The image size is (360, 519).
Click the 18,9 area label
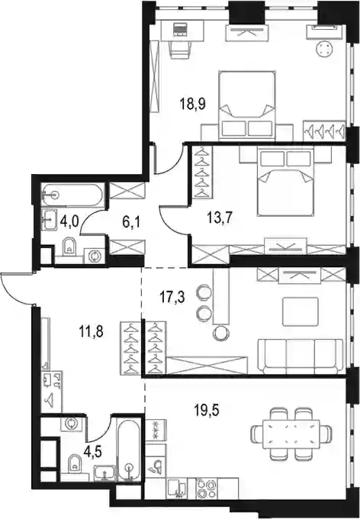tap(193, 104)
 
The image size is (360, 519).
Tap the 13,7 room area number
tap(220, 218)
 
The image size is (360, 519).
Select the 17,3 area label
tap(172, 297)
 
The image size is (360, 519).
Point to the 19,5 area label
tap(207, 411)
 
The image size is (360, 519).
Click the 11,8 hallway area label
tap(92, 331)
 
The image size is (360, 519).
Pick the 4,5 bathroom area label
tap(92, 453)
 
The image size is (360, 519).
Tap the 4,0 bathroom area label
tap(69, 221)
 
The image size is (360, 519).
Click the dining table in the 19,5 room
tap(291, 434)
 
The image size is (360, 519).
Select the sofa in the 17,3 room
tap(301, 356)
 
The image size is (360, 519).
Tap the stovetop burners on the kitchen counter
tap(207, 488)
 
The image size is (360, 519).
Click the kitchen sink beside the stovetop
tap(177, 488)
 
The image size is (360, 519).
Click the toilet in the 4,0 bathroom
tap(69, 247)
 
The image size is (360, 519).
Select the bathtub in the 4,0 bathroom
tap(72, 195)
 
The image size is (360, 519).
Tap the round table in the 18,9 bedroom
tap(323, 49)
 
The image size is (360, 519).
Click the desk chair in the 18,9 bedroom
tap(180, 50)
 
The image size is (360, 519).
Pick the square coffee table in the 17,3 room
tap(301, 311)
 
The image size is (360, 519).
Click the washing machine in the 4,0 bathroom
tap(95, 256)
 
